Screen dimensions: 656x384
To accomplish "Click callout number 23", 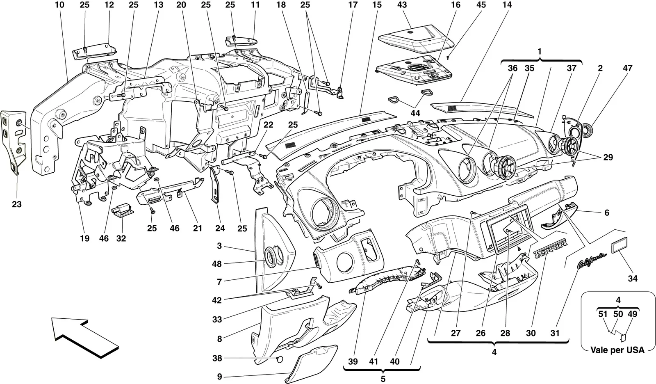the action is tap(17, 204).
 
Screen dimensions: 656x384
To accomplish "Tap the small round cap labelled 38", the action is tap(280, 359).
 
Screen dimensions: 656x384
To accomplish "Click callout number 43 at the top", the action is tap(402, 5).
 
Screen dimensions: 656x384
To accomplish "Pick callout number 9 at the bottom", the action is tap(220, 377).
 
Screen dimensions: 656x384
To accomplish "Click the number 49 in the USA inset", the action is tap(633, 314).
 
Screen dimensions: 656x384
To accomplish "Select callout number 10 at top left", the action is tap(59, 5).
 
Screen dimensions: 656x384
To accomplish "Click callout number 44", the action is tap(415, 113).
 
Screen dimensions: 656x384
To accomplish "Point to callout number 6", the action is tap(606, 213).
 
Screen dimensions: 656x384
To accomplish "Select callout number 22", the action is tap(268, 125).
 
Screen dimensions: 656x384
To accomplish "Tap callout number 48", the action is tap(217, 264).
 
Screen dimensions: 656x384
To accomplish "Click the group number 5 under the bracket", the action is tap(383, 379).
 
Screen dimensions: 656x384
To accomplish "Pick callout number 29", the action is tap(608, 157).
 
